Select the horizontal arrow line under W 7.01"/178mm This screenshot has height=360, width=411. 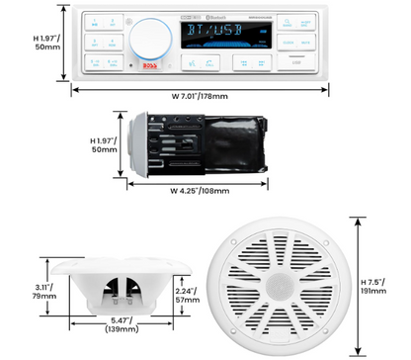[x=201, y=85]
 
